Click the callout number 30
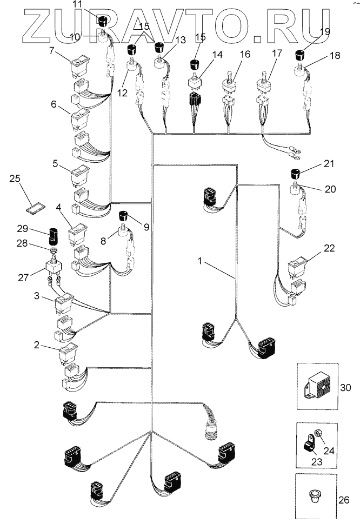tap(345, 388)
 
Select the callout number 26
tap(344, 500)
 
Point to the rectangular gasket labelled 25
tap(35, 208)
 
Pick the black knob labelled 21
tap(295, 174)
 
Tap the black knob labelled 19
tap(301, 55)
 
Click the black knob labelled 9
tap(124, 216)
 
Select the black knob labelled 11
tap(102, 21)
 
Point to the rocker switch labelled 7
tap(80, 65)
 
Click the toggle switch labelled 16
tap(230, 82)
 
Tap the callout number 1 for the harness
tap(200, 261)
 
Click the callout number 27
tap(23, 277)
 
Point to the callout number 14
tap(217, 54)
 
